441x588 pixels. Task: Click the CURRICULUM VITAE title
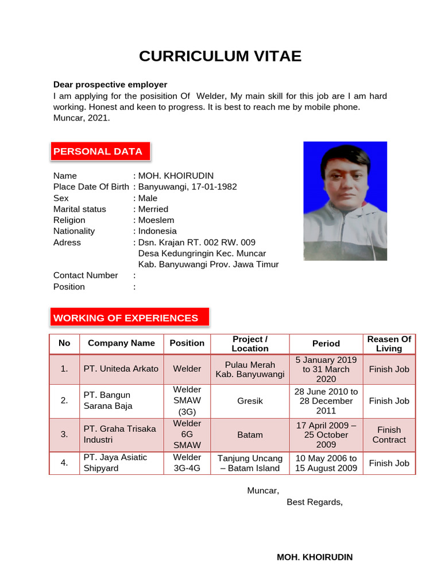point(220,56)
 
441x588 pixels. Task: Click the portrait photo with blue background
point(345,201)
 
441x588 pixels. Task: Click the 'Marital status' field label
point(80,209)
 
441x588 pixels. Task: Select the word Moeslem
point(156,220)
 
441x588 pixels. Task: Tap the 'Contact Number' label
point(86,275)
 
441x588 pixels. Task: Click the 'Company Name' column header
point(121,343)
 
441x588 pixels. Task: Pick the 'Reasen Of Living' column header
point(389,343)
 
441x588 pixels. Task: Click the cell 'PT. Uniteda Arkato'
point(121,369)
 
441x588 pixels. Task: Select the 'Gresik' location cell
point(250,401)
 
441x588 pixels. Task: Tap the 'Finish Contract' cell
point(389,435)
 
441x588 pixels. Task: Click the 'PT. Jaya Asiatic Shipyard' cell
point(115,463)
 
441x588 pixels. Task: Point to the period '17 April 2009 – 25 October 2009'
point(326,435)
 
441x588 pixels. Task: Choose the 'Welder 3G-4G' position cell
point(187,463)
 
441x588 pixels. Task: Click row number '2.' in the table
point(64,400)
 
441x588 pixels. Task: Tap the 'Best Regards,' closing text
point(315,502)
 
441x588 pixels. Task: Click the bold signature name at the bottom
point(315,557)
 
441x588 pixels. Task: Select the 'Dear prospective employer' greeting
point(110,84)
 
